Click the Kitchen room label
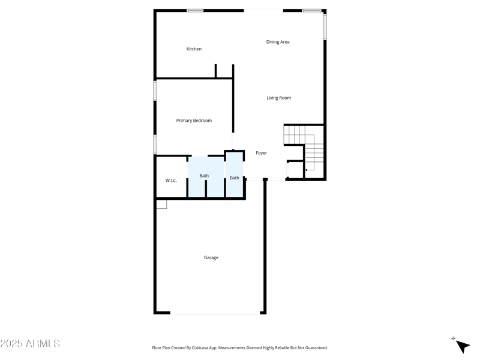(x=194, y=49)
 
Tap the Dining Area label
(x=278, y=42)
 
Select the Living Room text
(x=278, y=98)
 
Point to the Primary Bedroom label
(x=194, y=121)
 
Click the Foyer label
(x=261, y=153)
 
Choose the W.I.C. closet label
(x=171, y=181)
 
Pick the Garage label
(x=211, y=257)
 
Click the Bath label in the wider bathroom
(x=204, y=176)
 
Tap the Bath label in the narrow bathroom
(x=235, y=178)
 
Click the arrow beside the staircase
(x=306, y=170)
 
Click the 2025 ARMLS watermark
(x=30, y=344)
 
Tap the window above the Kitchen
(x=195, y=10)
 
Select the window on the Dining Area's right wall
(x=325, y=27)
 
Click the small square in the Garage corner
(x=161, y=204)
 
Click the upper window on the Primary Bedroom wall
(x=155, y=91)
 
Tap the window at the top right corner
(x=311, y=10)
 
